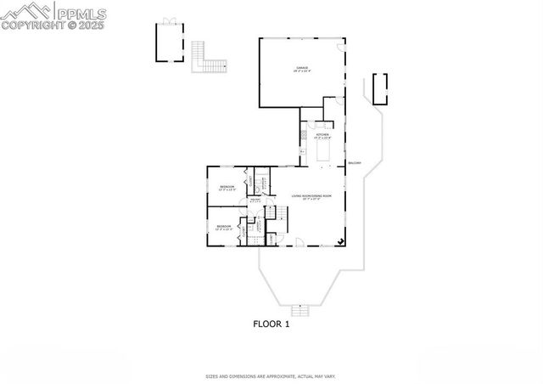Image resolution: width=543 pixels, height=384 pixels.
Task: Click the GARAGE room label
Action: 301,66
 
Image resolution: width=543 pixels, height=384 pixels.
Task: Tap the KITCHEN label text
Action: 322,135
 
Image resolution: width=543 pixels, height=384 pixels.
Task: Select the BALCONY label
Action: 354,163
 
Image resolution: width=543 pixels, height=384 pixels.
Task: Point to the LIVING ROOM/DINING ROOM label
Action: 311,196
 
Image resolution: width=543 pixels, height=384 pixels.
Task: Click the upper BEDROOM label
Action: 227,186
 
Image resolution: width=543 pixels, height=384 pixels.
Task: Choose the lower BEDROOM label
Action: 222,226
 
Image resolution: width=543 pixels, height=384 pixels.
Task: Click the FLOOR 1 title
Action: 271,324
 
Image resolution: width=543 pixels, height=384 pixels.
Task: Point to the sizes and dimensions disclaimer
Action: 271,376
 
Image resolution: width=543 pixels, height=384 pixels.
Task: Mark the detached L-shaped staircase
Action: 209,59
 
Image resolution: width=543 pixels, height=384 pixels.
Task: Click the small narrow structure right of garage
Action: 379,88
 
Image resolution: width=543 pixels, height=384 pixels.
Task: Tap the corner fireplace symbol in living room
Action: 340,241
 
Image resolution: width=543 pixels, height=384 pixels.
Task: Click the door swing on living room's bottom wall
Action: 299,241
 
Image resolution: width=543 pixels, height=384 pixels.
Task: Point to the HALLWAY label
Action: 255,200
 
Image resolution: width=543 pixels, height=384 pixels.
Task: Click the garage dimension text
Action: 301,71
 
